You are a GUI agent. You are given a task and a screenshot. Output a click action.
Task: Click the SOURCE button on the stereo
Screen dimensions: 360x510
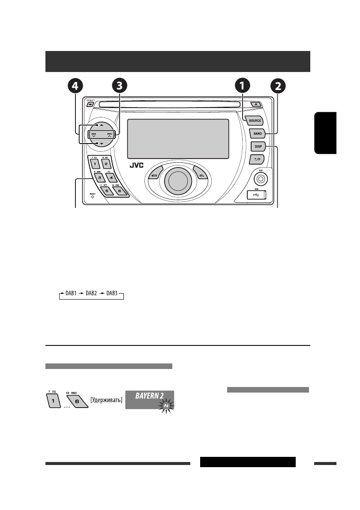(255, 120)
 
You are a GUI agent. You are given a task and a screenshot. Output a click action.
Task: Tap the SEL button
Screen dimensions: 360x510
(200, 176)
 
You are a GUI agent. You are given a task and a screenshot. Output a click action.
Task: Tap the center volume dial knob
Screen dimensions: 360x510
(177, 180)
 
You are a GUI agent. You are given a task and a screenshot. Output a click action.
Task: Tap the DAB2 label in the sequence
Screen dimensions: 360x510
(91, 296)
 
